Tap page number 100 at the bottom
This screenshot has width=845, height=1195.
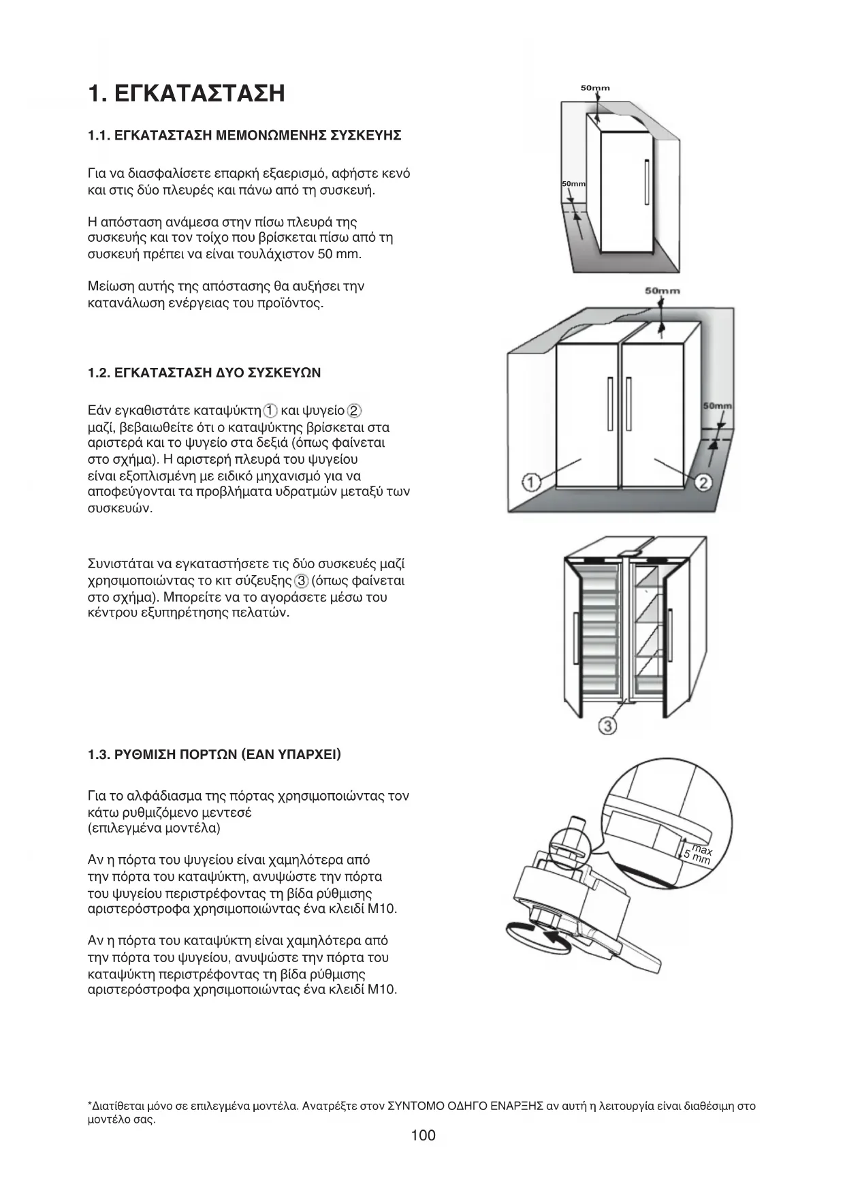point(423,1135)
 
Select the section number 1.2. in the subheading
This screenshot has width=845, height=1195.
point(99,373)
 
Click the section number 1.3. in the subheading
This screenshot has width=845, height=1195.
point(99,755)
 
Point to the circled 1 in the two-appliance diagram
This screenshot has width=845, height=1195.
point(532,483)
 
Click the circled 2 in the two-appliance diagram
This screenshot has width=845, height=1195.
point(703,483)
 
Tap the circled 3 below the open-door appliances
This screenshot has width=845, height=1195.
point(607,726)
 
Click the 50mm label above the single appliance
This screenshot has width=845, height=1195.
point(595,88)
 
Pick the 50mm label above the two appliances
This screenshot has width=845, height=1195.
point(662,291)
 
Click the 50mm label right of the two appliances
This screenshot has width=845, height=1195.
point(717,406)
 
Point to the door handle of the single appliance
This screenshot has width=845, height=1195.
point(645,181)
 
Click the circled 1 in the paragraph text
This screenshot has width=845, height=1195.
point(270,411)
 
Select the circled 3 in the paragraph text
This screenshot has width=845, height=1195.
point(302,581)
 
